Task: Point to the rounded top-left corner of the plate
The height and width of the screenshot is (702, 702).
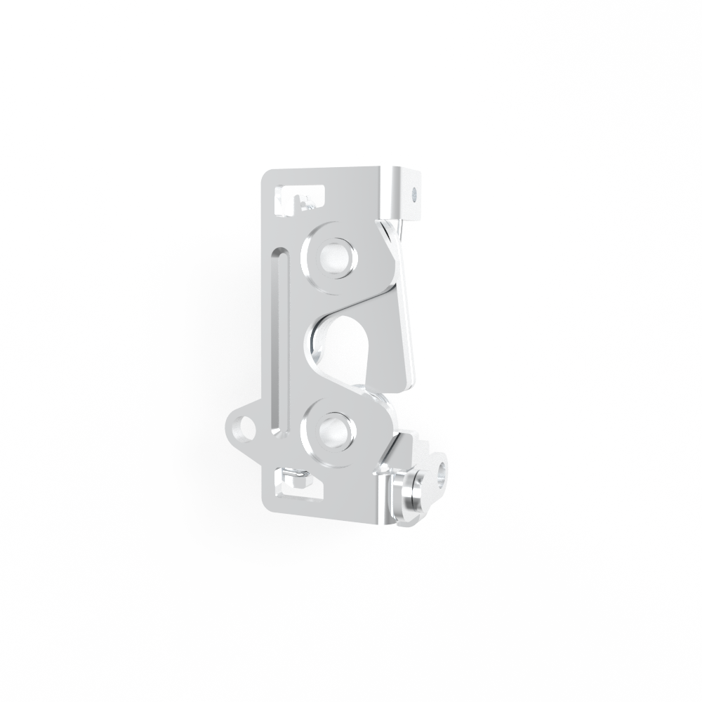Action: (x=267, y=174)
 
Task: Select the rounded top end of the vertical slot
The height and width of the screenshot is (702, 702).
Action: (x=279, y=253)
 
